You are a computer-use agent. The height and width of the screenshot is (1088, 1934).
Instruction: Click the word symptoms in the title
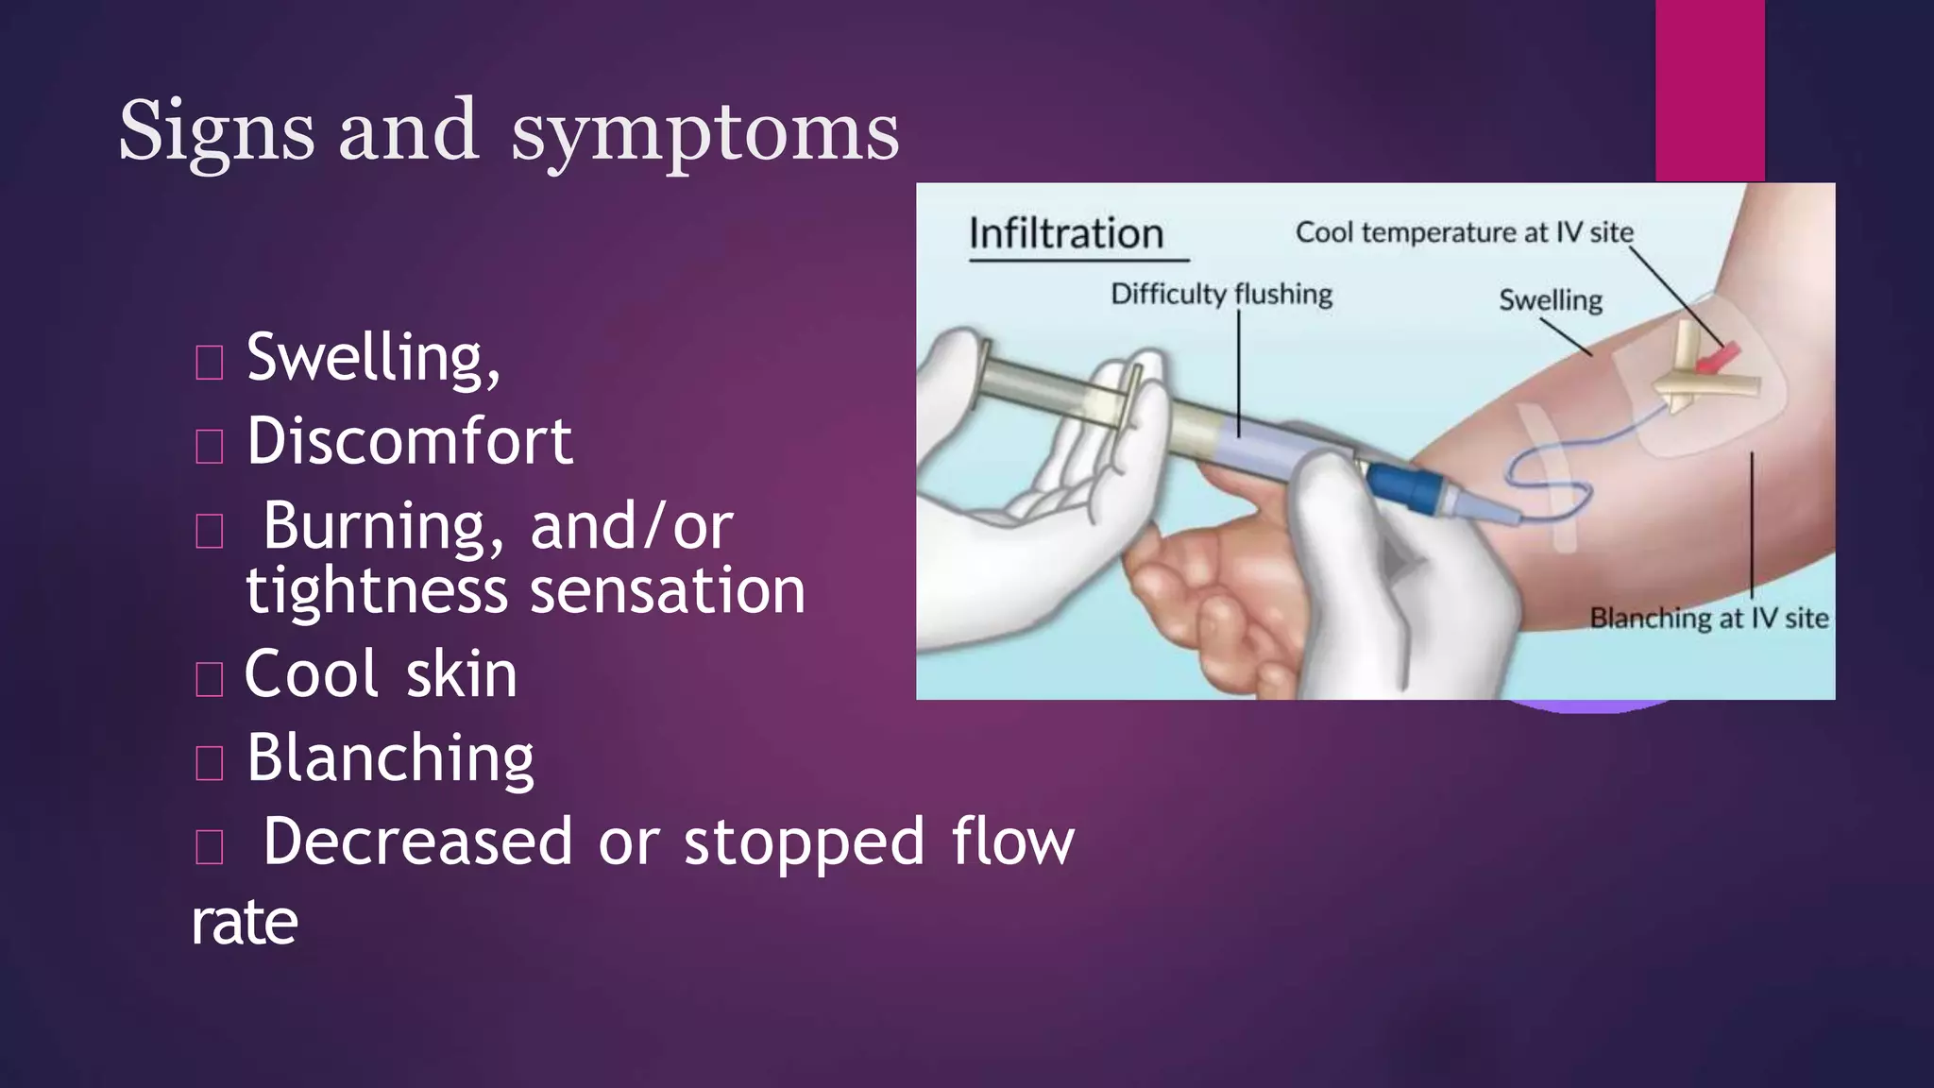coord(704,132)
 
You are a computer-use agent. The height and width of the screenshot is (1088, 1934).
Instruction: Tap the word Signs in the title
coord(215,132)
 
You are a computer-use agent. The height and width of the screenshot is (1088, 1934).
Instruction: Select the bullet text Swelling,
coord(373,359)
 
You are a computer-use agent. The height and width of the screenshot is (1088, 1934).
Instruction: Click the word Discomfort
coord(409,442)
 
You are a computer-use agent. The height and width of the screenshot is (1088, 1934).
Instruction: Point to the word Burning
coord(382,526)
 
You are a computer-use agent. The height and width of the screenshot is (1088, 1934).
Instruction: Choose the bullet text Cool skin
coord(381,674)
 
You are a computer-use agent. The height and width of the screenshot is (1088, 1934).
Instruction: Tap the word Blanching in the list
coord(390,758)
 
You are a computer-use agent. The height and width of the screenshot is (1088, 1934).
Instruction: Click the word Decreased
coord(417,841)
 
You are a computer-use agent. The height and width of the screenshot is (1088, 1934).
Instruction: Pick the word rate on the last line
coord(245,922)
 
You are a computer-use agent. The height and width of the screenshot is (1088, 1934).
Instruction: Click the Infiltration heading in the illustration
coord(1066,233)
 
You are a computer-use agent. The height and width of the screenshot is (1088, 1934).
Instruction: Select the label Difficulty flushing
coord(1221,294)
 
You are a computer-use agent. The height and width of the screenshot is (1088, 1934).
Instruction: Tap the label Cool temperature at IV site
coord(1464,232)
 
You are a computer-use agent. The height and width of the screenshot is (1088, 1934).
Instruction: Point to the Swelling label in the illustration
coord(1551,300)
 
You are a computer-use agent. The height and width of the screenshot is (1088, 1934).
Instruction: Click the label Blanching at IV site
coord(1708,619)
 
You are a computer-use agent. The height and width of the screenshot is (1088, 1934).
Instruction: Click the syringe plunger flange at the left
coord(983,373)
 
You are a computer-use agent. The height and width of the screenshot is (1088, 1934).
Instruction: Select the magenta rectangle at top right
coord(1709,90)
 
